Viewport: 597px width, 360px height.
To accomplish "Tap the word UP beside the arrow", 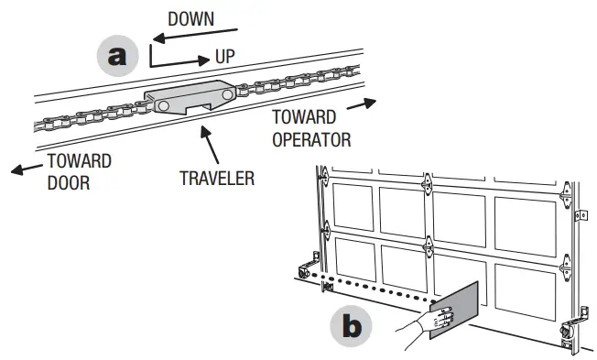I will pyautogui.click(x=224, y=57).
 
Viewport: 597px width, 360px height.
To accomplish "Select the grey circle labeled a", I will pyautogui.click(x=116, y=55).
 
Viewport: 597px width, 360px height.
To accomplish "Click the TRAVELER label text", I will pyautogui.click(x=217, y=176).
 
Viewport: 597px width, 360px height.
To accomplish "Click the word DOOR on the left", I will pyautogui.click(x=68, y=180).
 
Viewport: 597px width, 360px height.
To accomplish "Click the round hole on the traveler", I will pyautogui.click(x=162, y=106).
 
